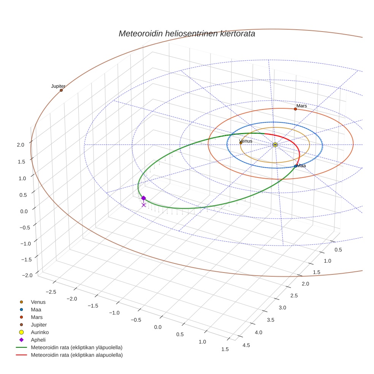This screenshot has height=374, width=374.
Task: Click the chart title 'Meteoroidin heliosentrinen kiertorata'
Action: [187, 33]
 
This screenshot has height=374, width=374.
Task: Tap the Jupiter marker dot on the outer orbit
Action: [61, 90]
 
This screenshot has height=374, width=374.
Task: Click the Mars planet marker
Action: [295, 109]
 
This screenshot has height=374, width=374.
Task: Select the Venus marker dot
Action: [241, 143]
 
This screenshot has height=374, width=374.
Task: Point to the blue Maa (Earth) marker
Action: [296, 166]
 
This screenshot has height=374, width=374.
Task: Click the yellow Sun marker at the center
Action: [275, 145]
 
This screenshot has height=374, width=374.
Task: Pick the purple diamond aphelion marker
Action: [143, 198]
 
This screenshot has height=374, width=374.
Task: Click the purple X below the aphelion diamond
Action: [143, 205]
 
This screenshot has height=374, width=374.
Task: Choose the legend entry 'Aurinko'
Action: [40, 332]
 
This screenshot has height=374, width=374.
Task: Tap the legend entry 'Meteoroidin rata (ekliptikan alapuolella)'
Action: [76, 355]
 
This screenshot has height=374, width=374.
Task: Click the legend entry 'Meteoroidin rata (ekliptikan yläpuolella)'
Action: [76, 347]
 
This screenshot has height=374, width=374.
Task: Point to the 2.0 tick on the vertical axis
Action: [21, 145]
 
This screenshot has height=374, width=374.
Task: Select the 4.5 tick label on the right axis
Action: [246, 345]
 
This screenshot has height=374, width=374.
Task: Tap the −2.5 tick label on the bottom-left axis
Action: [51, 292]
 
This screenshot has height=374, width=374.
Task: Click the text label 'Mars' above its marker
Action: [301, 106]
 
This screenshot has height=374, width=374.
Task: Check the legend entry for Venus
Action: [38, 302]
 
